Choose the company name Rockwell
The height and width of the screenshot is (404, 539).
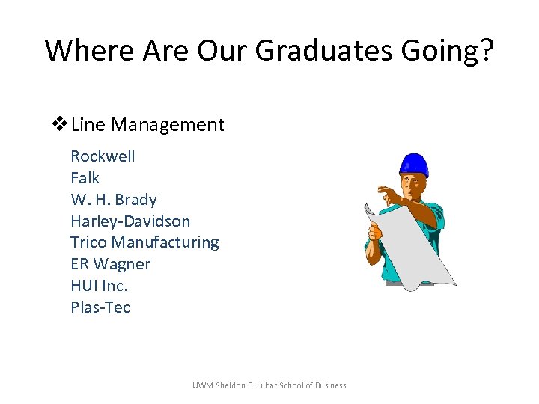(x=103, y=156)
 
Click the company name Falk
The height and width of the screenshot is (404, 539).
(x=85, y=178)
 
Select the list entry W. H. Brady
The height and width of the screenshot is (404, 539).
(x=113, y=200)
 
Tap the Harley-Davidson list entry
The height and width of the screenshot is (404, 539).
(x=130, y=221)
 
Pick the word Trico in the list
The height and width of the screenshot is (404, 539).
(x=89, y=242)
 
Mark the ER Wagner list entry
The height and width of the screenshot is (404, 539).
(x=110, y=264)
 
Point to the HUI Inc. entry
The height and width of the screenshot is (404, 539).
(x=100, y=286)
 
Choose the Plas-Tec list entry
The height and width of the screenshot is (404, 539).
(x=100, y=307)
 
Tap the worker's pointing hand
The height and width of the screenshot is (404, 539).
(x=389, y=196)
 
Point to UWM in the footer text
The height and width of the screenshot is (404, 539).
(x=202, y=385)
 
